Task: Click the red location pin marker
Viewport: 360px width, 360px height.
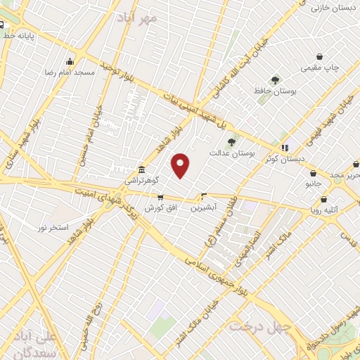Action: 181,165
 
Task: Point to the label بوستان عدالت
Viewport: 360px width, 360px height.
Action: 231,153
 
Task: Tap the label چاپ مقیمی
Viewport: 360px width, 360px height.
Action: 320,67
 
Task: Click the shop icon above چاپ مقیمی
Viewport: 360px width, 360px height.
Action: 320,56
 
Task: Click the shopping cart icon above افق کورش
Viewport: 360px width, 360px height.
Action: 161,198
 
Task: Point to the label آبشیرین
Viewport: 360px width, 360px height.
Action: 205,207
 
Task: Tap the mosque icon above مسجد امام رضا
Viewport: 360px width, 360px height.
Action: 69,61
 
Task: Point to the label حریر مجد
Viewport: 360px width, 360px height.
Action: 347,174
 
